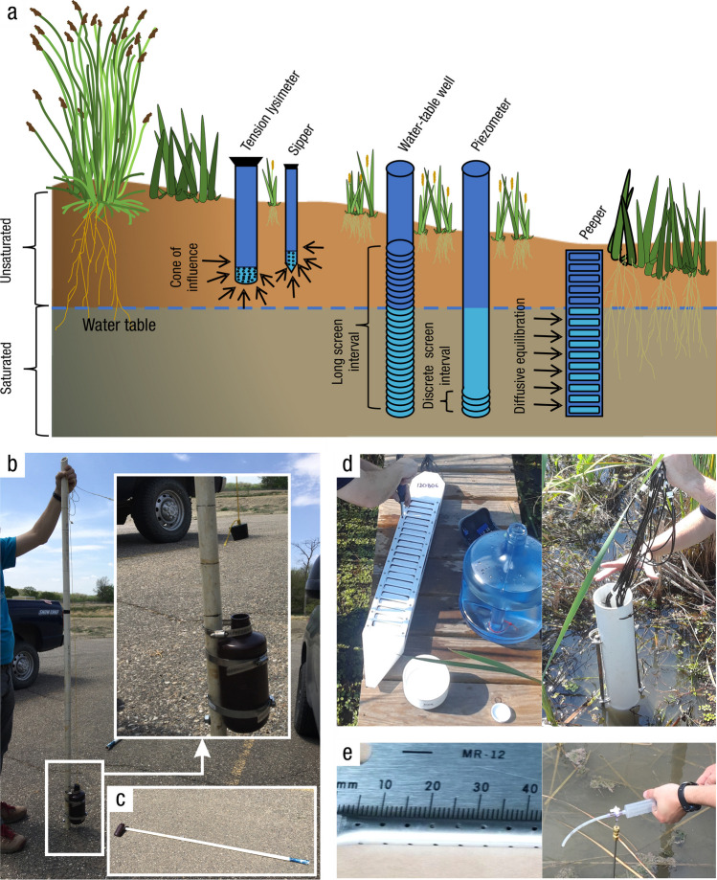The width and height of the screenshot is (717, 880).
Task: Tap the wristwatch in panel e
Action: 686,793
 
